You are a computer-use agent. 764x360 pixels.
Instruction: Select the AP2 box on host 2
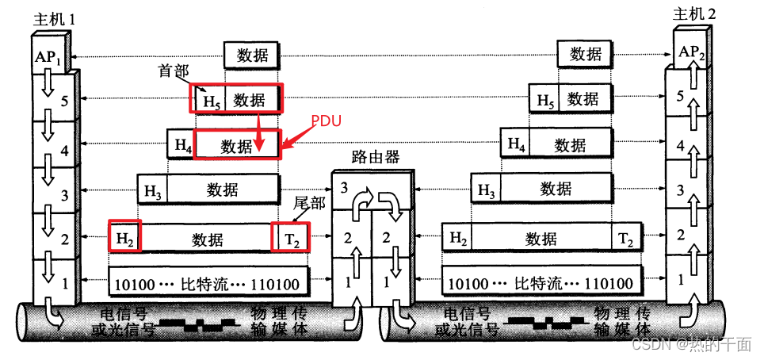pos(687,53)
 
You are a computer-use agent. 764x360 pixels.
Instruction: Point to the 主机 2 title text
pos(694,13)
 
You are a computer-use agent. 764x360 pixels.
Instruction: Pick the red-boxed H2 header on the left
pos(124,238)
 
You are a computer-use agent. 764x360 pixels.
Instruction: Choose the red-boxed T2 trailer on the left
pos(290,238)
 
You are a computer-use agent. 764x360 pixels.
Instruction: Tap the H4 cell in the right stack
pos(516,144)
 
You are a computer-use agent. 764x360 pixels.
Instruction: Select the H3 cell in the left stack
pos(152,190)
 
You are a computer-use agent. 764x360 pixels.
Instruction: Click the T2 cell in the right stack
pos(625,237)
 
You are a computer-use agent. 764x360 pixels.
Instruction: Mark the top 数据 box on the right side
pos(585,54)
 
